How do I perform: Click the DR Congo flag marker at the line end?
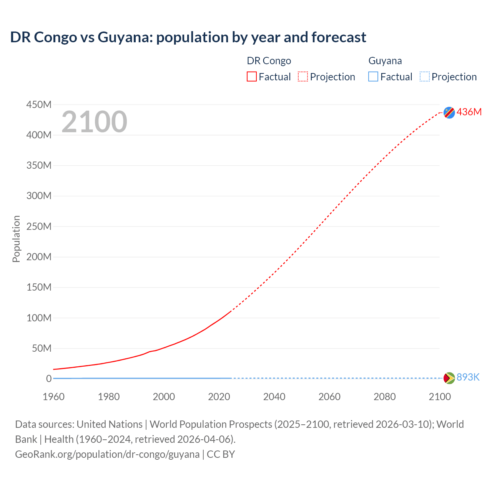coord(449,112)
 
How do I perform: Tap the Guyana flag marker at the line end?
coord(449,378)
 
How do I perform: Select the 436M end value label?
coord(469,112)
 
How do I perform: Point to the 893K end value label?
coord(468,377)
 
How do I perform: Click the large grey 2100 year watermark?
coord(94,122)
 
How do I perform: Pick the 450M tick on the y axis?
coord(39,105)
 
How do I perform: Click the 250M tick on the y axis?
coord(39,226)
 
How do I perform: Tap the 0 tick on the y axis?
coord(48,379)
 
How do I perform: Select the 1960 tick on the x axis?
coord(53,397)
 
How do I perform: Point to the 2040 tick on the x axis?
coord(274,397)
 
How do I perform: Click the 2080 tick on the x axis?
coord(384,397)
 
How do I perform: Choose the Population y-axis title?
coord(16,239)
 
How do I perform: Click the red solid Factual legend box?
coord(252,77)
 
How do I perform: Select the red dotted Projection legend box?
coord(303,77)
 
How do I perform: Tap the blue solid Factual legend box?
coord(373,77)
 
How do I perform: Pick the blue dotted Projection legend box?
coord(425,77)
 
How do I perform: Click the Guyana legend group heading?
coord(385,61)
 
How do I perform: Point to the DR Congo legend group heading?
coord(269,61)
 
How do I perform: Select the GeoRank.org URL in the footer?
coord(107,454)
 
